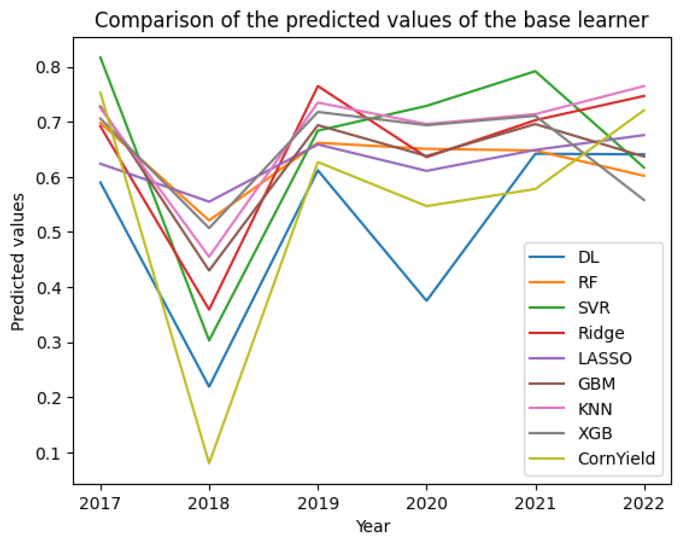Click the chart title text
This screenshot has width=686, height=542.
click(x=371, y=20)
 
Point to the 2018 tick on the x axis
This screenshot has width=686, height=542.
click(x=209, y=503)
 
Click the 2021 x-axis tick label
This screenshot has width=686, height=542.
click(x=536, y=503)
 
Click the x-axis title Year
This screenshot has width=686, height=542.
click(x=372, y=526)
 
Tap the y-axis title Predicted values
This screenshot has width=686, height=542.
click(x=18, y=262)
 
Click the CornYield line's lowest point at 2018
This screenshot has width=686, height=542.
click(x=209, y=463)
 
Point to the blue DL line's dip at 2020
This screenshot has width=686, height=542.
click(x=427, y=300)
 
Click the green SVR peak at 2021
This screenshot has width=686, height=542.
click(x=535, y=71)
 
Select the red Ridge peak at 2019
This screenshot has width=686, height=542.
click(x=318, y=86)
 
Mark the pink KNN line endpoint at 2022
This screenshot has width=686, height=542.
click(x=644, y=86)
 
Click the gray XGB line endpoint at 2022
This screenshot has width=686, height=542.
click(x=644, y=200)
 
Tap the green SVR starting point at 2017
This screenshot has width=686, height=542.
click(x=101, y=57)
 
